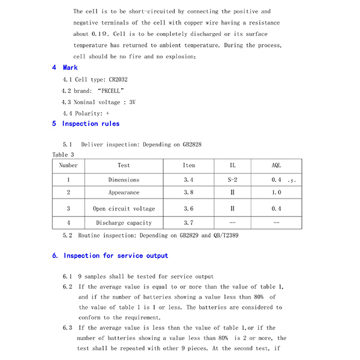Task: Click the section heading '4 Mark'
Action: pyautogui.click(x=65, y=68)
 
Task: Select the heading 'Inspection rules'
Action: pyautogui.click(x=91, y=124)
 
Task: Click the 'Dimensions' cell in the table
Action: pyautogui.click(x=124, y=180)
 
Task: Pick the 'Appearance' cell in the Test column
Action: pyautogui.click(x=124, y=193)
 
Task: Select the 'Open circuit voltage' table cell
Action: pyautogui.click(x=124, y=209)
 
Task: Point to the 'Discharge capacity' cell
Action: pyautogui.click(x=124, y=223)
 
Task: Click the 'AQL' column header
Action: pyautogui.click(x=276, y=166)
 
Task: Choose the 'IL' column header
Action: pyautogui.click(x=232, y=166)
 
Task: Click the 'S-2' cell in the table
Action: pyautogui.click(x=232, y=180)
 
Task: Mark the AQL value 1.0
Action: pyautogui.click(x=276, y=193)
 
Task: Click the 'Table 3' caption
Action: pyautogui.click(x=63, y=155)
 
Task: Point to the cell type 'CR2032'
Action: pyautogui.click(x=118, y=79)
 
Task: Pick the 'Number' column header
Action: pyautogui.click(x=68, y=166)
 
